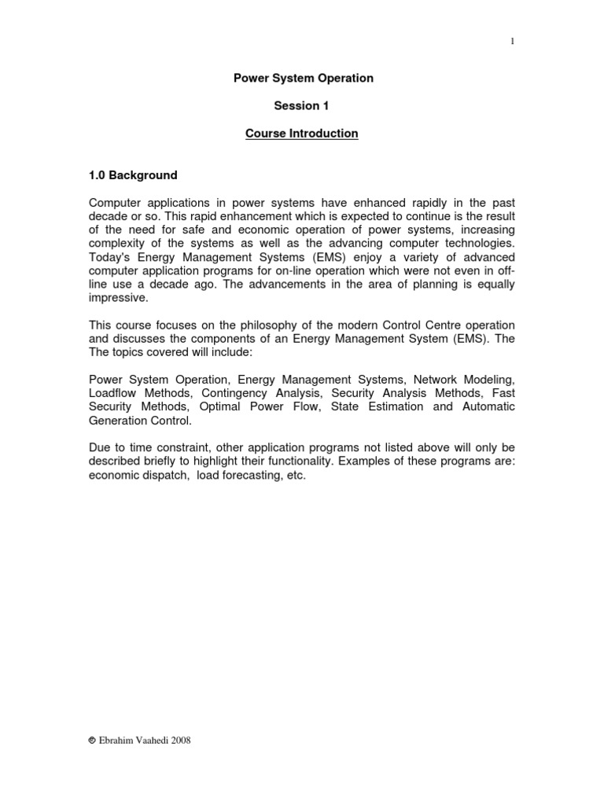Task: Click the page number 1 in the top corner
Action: [512, 42]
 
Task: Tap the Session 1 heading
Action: [301, 106]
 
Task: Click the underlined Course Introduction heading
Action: [301, 134]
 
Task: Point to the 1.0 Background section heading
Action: [132, 175]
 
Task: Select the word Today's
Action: [112, 258]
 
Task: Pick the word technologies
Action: [477, 244]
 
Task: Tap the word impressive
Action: [119, 299]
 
